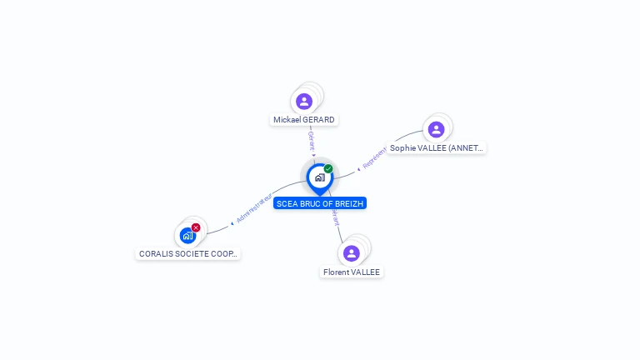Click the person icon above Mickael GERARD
[x=304, y=101]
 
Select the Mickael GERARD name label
[x=304, y=120]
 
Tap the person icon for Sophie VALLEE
[x=436, y=129]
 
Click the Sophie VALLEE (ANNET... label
[x=436, y=148]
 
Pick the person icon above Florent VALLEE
[x=352, y=253]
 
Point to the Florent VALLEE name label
[x=352, y=272]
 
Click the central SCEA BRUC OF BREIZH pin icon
[x=319, y=177]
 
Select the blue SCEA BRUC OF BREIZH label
[x=320, y=203]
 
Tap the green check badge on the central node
[x=328, y=169]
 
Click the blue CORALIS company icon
[x=187, y=236]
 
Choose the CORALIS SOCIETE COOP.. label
[x=188, y=253]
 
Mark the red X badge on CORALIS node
[x=196, y=227]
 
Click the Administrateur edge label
[x=254, y=208]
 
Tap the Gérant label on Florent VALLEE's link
[x=336, y=218]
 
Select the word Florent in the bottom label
[x=337, y=272]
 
